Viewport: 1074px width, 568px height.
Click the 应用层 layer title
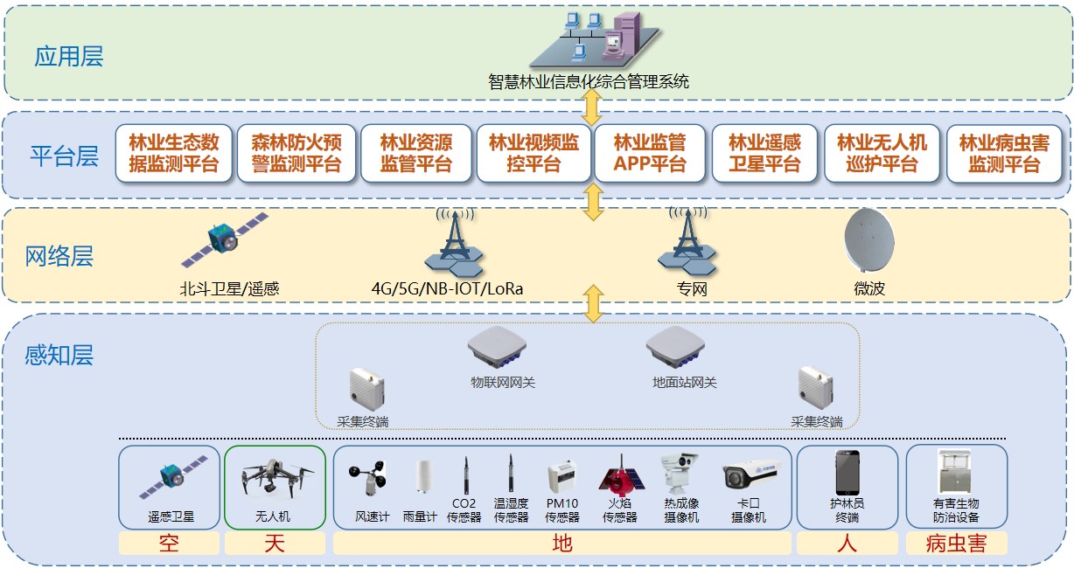tap(68, 58)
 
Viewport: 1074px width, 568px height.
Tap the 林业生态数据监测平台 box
tap(174, 153)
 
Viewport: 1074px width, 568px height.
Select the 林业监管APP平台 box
tap(649, 153)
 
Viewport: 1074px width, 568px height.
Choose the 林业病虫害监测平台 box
tap(1003, 153)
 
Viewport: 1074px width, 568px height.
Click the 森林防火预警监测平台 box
tap(296, 153)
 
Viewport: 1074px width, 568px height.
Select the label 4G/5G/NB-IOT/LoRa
tap(448, 288)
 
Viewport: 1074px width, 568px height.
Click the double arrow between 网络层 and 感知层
tap(594, 303)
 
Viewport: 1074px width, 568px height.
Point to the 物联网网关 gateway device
tap(502, 349)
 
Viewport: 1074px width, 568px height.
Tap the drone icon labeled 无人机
tap(274, 477)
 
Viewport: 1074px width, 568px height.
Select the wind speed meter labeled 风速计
tap(371, 479)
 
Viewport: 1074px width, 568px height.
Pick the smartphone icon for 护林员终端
tap(847, 473)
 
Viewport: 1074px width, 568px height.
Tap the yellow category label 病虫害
tap(956, 544)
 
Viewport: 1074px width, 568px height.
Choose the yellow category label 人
tap(847, 544)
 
